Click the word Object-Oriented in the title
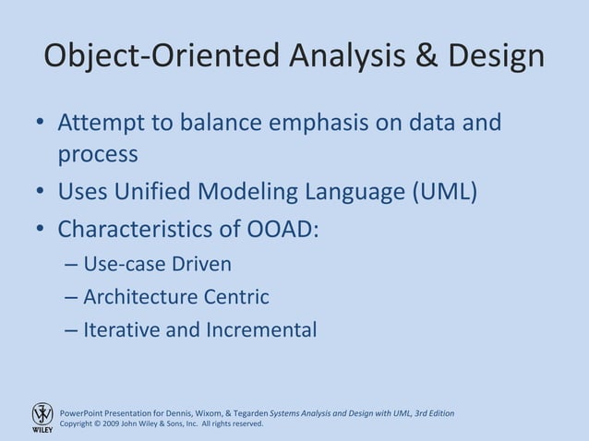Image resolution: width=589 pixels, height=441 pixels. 162,57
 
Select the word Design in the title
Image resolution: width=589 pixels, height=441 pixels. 495,57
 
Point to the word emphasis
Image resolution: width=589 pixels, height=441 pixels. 311,123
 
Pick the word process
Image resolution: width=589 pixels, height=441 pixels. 98,153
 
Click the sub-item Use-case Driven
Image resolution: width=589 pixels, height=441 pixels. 157,265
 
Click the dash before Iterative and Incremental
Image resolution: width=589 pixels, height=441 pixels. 71,329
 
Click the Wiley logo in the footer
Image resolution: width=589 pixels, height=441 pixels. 42,418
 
